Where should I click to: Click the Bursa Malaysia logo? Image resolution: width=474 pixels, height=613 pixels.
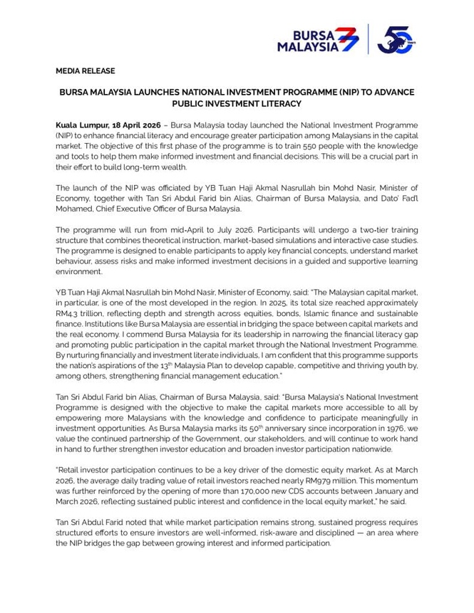(318, 39)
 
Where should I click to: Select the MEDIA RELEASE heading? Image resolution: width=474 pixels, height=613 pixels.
(85, 71)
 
